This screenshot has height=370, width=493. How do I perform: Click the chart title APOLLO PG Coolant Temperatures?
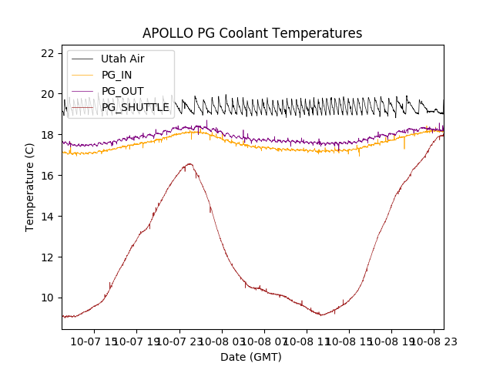(x=252, y=33)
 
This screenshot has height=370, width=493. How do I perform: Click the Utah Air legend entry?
(x=122, y=59)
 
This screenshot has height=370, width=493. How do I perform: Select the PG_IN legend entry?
(x=116, y=75)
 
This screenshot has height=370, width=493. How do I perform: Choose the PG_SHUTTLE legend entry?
(x=135, y=107)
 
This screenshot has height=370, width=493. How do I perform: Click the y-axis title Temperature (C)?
(x=30, y=187)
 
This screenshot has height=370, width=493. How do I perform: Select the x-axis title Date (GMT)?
(x=251, y=357)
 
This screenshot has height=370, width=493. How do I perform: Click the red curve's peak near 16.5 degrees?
(x=189, y=163)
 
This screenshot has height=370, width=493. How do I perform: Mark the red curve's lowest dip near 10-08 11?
(x=322, y=314)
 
